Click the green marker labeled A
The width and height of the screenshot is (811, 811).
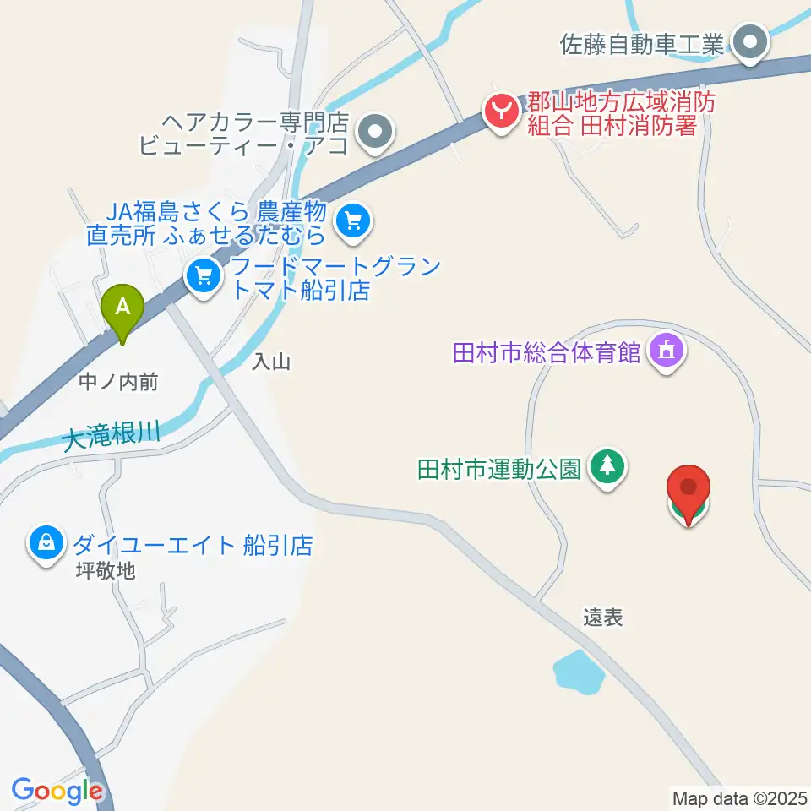122,310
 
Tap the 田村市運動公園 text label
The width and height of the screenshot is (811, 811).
498,468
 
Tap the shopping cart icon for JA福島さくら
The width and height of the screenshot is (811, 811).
353,221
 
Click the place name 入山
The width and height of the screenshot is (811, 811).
271,362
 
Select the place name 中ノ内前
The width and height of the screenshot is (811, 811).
117,383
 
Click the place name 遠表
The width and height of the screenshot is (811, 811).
602,618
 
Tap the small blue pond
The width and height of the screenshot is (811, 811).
579,671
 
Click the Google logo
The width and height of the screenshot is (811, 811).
57,791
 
